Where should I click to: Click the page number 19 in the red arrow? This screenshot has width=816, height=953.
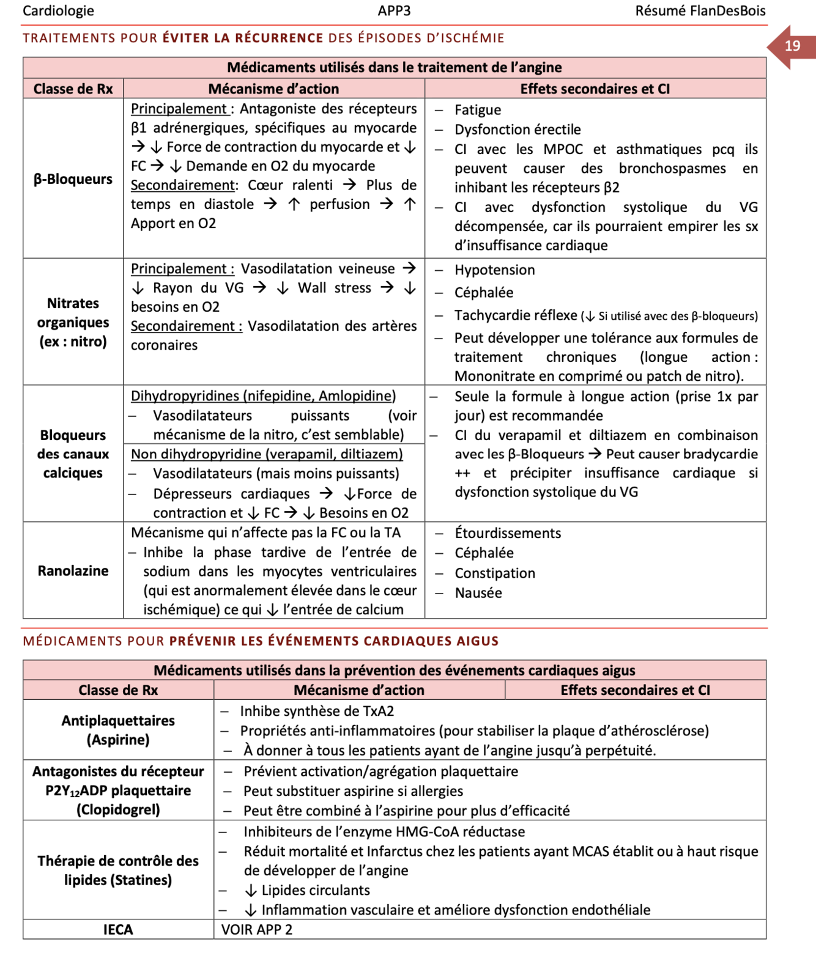click(792, 46)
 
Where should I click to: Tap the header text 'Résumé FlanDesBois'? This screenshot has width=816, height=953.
click(700, 11)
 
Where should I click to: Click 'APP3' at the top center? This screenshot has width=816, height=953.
click(395, 11)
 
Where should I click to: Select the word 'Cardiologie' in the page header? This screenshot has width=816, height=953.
click(59, 11)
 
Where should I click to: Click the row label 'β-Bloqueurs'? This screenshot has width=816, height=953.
click(73, 179)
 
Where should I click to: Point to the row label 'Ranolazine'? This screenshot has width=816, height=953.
click(73, 571)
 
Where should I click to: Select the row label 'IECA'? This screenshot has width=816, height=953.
click(118, 930)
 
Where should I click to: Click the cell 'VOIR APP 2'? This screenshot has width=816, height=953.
click(257, 930)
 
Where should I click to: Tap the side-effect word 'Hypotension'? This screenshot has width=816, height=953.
click(494, 270)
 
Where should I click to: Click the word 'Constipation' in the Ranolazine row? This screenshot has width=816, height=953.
click(495, 573)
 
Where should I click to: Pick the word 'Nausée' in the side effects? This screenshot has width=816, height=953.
click(478, 593)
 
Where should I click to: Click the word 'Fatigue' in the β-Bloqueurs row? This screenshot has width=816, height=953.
click(478, 110)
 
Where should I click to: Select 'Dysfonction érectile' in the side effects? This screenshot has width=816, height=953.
click(517, 130)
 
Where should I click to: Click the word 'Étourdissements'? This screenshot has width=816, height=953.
click(508, 533)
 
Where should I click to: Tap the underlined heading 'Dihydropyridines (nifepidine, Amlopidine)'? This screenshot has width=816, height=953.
click(264, 396)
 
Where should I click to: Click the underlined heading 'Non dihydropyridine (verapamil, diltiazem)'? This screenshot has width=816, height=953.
click(267, 454)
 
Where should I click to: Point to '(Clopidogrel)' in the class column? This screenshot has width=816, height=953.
click(118, 810)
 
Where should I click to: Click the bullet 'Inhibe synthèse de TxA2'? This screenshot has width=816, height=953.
click(317, 712)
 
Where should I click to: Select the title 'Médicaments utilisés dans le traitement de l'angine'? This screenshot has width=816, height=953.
click(395, 67)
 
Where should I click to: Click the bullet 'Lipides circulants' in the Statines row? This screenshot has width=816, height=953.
click(316, 891)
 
